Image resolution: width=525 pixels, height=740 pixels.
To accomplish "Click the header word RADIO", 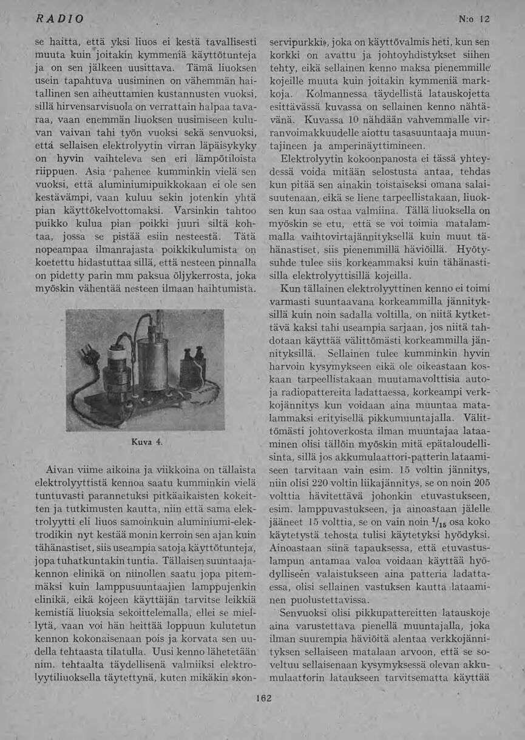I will pos(59,19).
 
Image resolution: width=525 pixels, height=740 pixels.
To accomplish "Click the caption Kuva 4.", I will pos(146,442).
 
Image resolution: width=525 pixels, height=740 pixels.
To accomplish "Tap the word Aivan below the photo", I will pos(61,469).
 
